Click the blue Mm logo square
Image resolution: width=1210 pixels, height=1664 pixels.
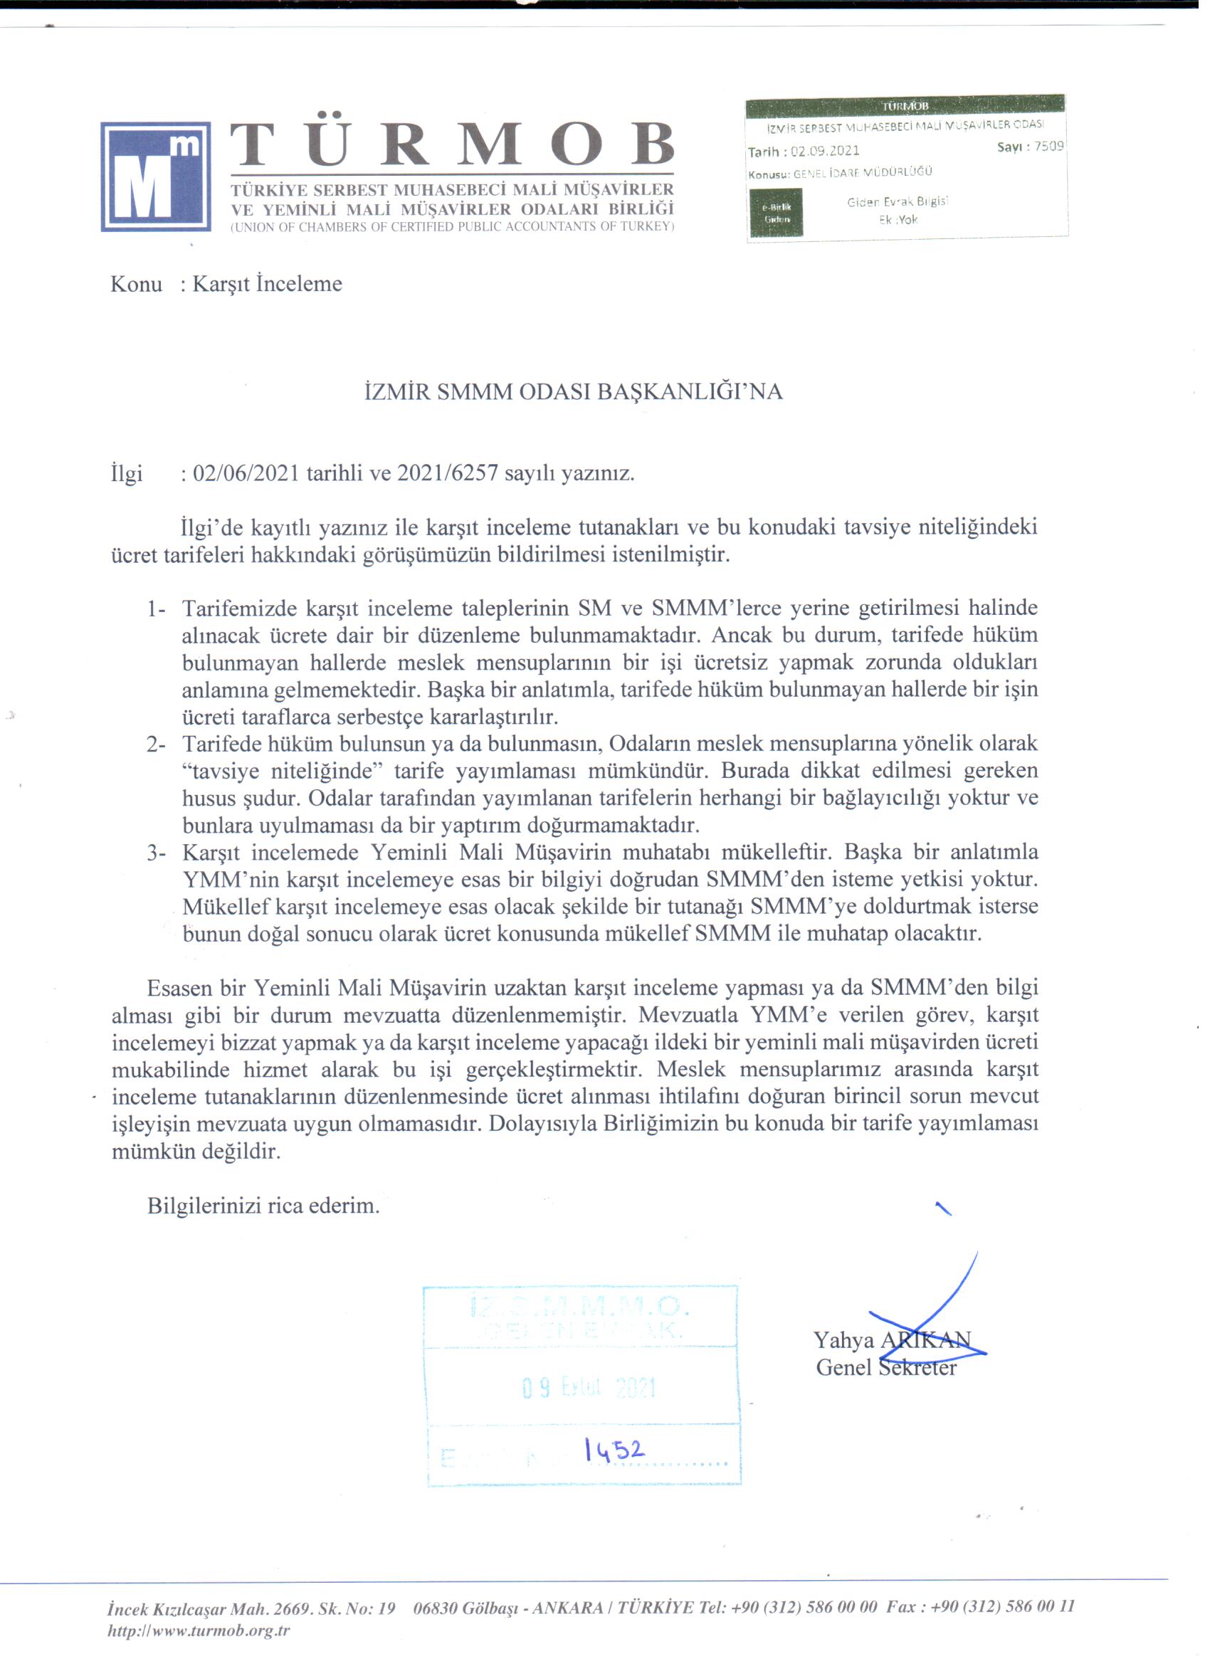coord(156,176)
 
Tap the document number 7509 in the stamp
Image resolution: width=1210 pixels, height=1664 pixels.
coord(1048,146)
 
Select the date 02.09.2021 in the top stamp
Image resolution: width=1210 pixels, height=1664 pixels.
coord(824,151)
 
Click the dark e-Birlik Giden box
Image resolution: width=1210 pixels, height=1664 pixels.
coord(776,212)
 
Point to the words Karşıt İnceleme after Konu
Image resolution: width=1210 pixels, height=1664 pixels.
coord(267,284)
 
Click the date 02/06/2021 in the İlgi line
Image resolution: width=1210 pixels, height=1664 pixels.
coord(246,473)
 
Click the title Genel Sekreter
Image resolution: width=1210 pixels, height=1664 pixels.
coord(885,1368)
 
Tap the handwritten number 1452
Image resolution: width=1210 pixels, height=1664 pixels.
coord(614,1450)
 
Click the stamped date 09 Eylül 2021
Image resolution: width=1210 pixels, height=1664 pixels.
coord(588,1387)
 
